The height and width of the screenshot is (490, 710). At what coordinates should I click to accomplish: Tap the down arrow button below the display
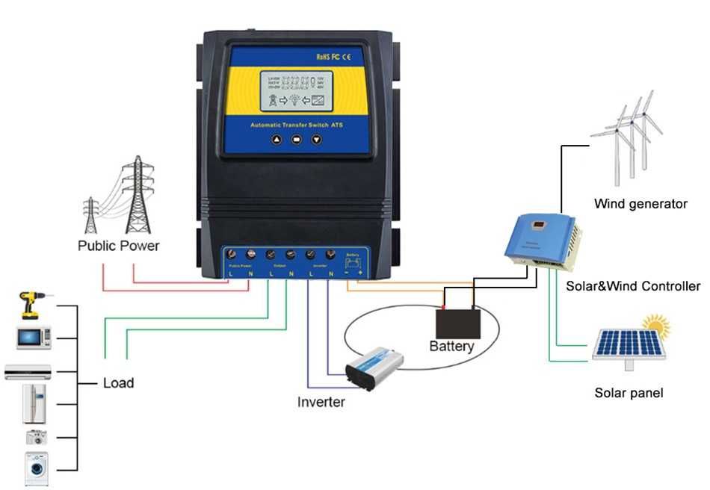click(x=316, y=139)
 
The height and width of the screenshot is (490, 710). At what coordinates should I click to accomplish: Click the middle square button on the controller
click(x=297, y=139)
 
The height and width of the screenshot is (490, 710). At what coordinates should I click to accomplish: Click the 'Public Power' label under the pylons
click(x=119, y=245)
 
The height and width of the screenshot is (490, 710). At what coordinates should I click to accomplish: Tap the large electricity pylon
click(x=137, y=194)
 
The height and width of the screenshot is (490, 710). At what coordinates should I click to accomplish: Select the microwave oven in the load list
click(x=34, y=338)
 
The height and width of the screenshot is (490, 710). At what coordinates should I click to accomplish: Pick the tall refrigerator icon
click(x=34, y=404)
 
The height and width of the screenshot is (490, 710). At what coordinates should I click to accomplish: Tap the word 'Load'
click(x=118, y=383)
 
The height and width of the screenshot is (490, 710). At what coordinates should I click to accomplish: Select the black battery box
click(x=458, y=323)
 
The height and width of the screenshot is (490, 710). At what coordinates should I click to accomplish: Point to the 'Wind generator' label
click(x=640, y=203)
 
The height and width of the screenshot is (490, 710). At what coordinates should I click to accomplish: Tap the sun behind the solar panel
click(x=655, y=326)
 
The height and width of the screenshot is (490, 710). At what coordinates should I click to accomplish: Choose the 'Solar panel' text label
click(x=629, y=393)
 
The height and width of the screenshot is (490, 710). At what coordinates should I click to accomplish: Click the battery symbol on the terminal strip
click(x=354, y=262)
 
